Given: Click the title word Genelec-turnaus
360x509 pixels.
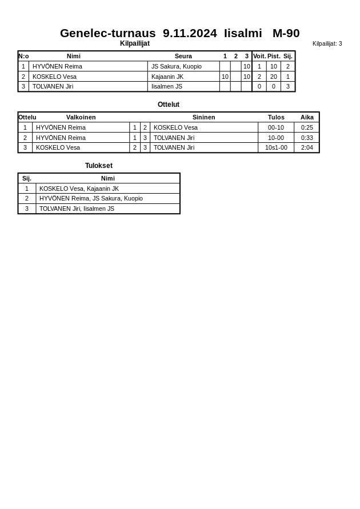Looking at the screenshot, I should [x=107, y=33].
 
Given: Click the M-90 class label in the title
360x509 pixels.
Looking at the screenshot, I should [x=286, y=33].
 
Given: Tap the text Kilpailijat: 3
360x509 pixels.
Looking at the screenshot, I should [x=327, y=43].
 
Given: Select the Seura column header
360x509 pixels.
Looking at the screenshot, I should [x=183, y=56].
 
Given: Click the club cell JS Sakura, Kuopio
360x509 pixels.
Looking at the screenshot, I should [x=177, y=66].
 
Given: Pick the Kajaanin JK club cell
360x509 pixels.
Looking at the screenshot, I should [x=167, y=77].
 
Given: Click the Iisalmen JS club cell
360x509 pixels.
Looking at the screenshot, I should [x=167, y=86].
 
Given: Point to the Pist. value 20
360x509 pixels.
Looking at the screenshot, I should [x=274, y=77].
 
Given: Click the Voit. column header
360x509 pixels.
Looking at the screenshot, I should [x=259, y=56].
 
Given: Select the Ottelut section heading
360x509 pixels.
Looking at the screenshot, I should [x=169, y=105].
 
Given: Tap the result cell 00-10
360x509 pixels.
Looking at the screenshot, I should [x=276, y=127].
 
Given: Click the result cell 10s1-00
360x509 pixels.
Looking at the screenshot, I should [x=276, y=147].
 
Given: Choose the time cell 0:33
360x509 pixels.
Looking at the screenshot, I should [x=307, y=138].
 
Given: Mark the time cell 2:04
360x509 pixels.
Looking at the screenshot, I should [x=307, y=147].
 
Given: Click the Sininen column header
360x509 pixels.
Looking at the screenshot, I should [x=203, y=117].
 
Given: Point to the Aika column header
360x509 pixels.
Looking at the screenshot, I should [x=307, y=117].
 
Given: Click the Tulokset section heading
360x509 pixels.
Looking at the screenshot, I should [x=99, y=166].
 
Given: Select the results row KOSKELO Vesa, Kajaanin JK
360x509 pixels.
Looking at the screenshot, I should [x=79, y=189].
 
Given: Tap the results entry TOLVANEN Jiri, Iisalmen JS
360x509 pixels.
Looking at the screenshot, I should [x=77, y=209].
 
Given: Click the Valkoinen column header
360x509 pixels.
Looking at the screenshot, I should [x=81, y=117].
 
